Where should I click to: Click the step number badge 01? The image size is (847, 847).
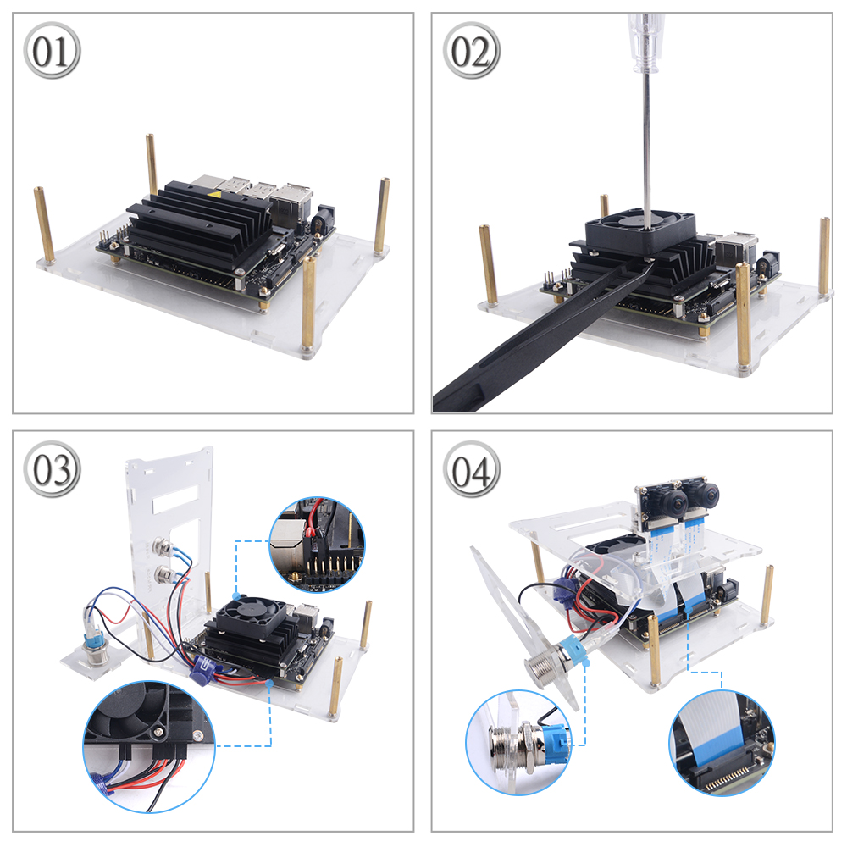(x=52, y=50)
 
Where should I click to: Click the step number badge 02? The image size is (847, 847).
(x=471, y=50)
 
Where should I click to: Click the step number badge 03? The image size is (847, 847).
(x=52, y=469)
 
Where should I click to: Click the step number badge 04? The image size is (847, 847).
(x=471, y=469)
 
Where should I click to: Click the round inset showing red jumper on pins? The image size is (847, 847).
(x=317, y=545)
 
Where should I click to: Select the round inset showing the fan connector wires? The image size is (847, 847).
(x=149, y=746)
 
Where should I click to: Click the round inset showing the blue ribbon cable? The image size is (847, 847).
(x=722, y=742)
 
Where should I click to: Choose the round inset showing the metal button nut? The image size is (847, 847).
(x=518, y=742)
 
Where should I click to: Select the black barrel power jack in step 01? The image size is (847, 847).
(x=325, y=219)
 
